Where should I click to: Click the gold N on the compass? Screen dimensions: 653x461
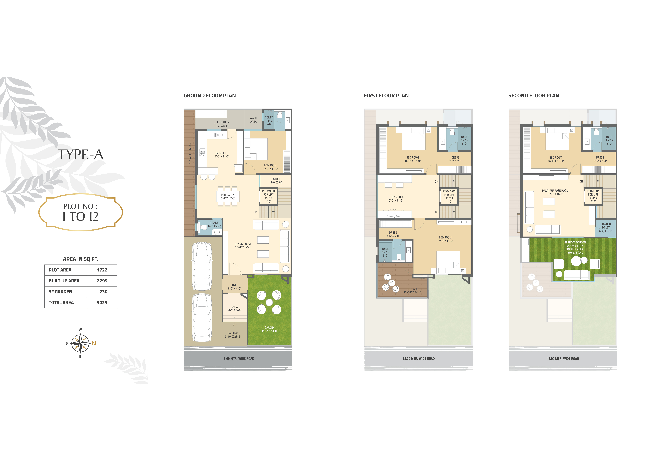(94, 343)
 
